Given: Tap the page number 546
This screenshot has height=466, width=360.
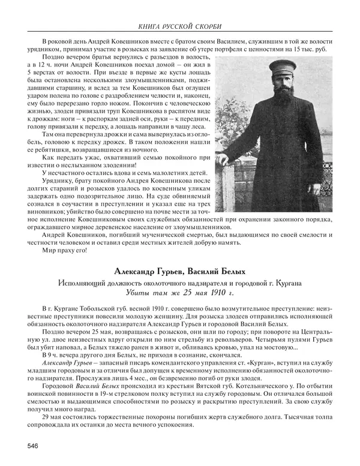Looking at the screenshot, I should [x=32, y=444].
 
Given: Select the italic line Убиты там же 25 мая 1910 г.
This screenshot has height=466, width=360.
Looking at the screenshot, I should [x=180, y=293].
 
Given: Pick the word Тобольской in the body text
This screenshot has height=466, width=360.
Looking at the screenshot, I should [x=95, y=308].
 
